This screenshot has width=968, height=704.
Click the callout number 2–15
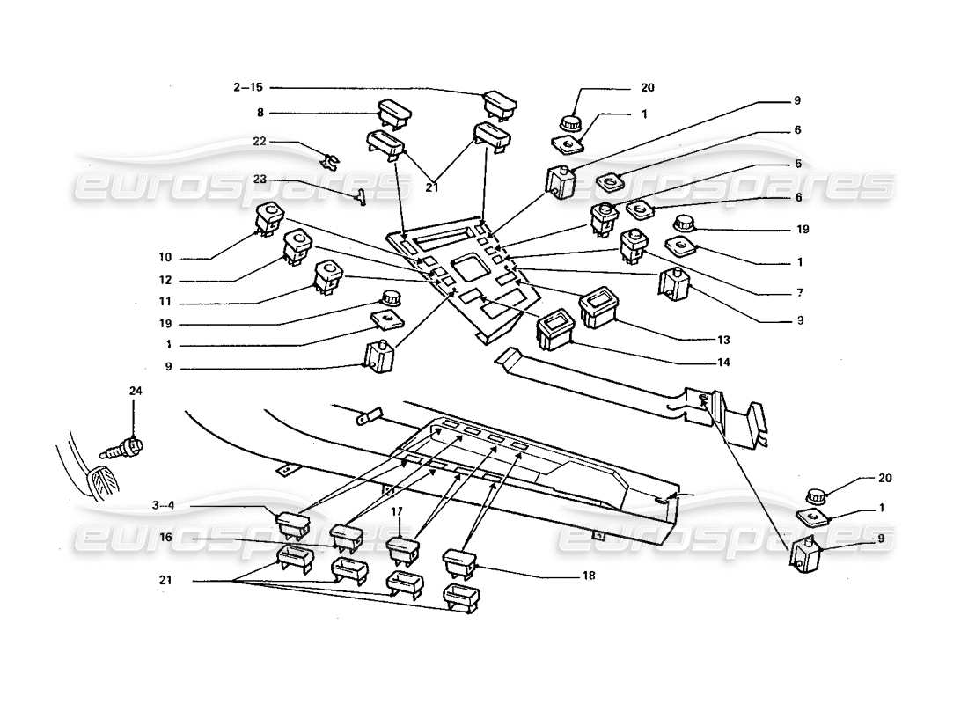(248, 87)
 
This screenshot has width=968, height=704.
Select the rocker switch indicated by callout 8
(392, 112)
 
